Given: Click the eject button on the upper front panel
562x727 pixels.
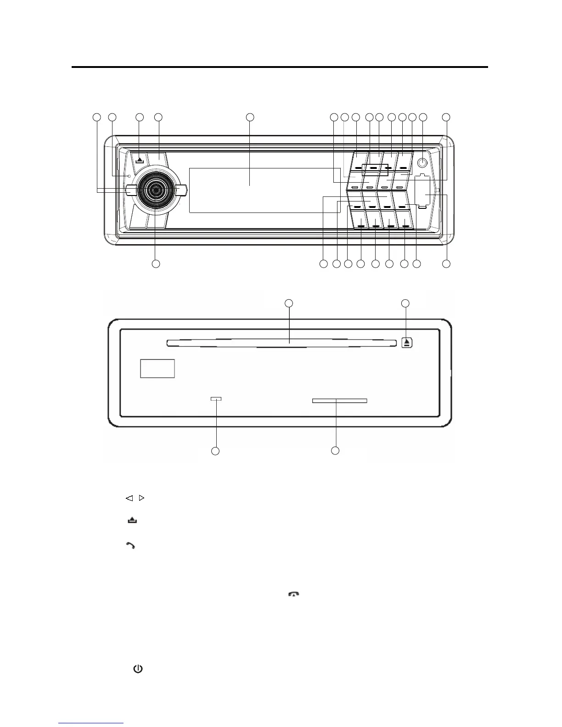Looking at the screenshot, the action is click(x=140, y=159).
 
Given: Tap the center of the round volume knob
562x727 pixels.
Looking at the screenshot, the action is click(x=155, y=190).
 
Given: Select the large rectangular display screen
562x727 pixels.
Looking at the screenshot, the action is click(x=249, y=190).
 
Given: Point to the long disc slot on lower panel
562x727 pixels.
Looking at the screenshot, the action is click(x=281, y=342).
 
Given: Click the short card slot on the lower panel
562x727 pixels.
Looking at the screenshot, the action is click(x=339, y=401).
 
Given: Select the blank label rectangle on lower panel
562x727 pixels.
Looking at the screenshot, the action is click(x=157, y=369).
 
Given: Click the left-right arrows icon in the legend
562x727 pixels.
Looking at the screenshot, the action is click(x=135, y=498).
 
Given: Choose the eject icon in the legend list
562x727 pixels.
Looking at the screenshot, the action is click(x=132, y=520).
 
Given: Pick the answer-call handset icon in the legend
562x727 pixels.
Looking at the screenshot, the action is click(x=131, y=546).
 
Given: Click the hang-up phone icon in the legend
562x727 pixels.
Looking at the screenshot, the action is click(x=293, y=594).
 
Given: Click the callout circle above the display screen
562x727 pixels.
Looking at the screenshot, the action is click(x=250, y=117).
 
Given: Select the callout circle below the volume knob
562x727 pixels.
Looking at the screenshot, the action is click(x=156, y=264).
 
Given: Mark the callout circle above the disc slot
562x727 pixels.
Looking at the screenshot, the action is click(x=288, y=303).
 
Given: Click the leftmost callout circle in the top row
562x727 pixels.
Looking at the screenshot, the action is click(x=96, y=117).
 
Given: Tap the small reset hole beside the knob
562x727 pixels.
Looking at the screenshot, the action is click(x=129, y=176).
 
